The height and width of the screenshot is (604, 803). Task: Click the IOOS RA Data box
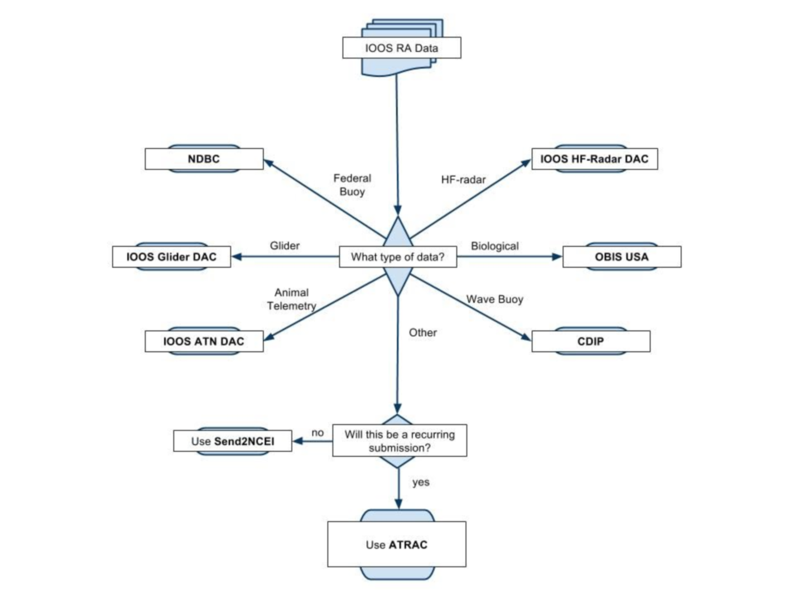point(401,48)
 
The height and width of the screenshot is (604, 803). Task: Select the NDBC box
point(204,159)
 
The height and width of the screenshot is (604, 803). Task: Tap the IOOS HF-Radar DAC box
point(594,159)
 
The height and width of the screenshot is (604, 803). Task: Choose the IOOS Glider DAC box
point(171,257)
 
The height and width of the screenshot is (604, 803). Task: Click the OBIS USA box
point(622,257)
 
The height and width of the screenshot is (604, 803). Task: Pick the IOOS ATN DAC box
point(204,341)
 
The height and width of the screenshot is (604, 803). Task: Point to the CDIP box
point(590,341)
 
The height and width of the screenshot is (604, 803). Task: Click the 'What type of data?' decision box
point(398,257)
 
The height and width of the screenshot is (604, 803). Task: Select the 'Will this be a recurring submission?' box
point(400,441)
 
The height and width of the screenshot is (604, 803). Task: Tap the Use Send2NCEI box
point(233,441)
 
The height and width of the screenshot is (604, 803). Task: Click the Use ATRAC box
point(397,544)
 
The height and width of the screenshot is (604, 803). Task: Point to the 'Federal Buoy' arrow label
point(352,185)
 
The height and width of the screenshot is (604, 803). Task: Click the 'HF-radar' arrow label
point(463,180)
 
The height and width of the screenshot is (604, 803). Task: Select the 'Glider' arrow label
point(285,245)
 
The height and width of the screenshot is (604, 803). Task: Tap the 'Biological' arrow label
point(494,246)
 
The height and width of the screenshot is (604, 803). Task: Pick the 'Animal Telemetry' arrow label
point(291,299)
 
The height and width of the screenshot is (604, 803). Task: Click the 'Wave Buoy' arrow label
point(494,299)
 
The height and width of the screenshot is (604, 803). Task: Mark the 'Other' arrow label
point(422,332)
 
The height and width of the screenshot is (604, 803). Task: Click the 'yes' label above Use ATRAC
point(421,482)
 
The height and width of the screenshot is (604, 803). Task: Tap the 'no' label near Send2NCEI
point(318,433)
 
